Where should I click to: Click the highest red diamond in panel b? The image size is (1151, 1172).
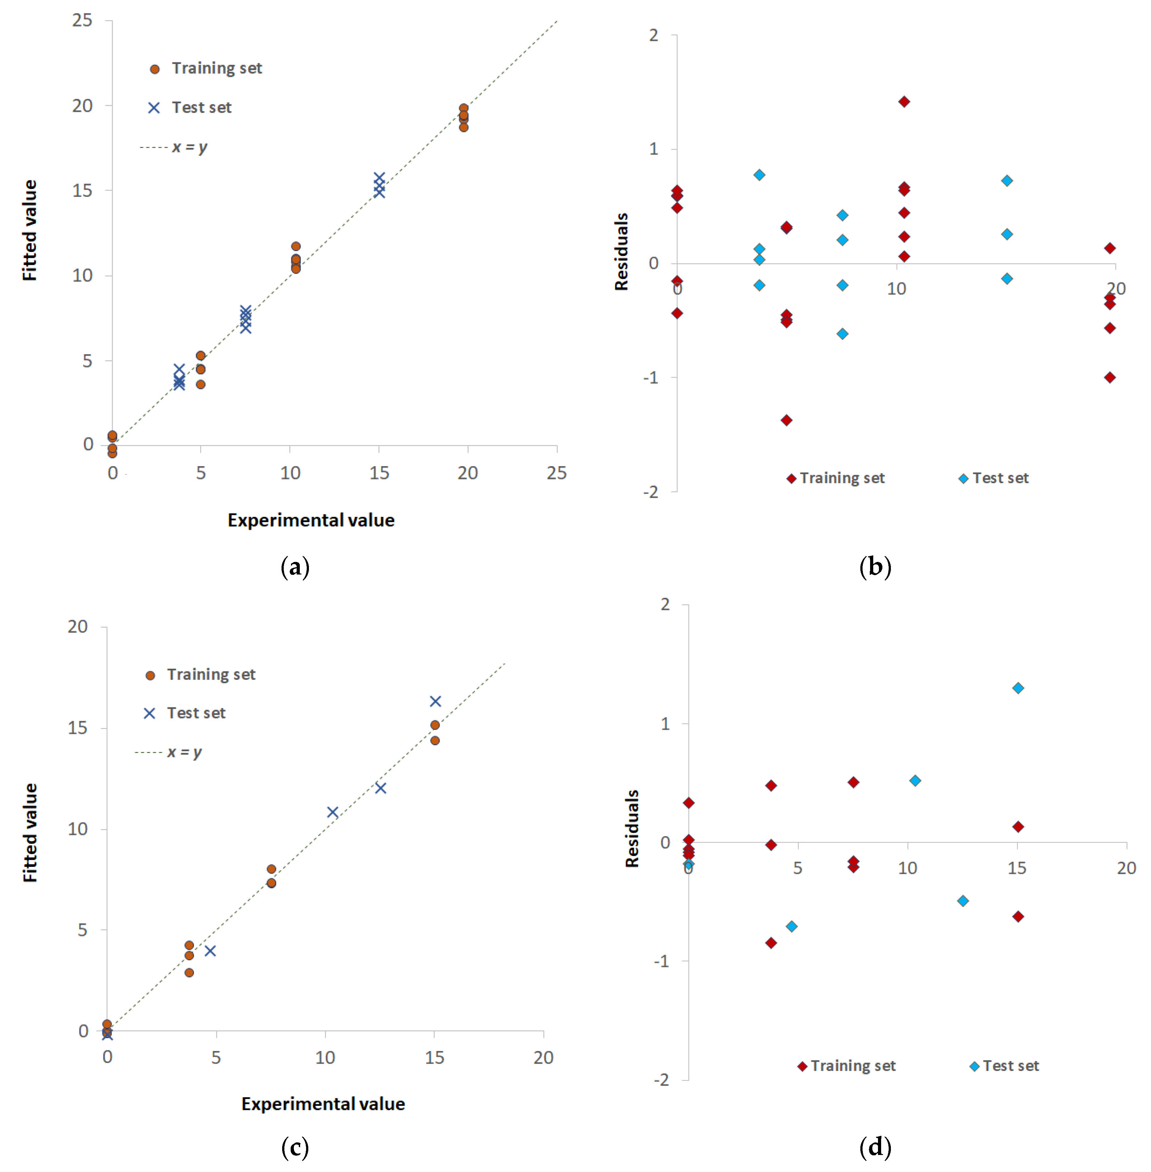(904, 102)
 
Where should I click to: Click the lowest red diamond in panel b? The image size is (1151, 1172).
(786, 420)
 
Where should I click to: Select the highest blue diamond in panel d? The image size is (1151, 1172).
(1018, 688)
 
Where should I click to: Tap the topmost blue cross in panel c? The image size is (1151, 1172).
(435, 701)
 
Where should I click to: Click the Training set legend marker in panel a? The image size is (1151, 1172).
(155, 69)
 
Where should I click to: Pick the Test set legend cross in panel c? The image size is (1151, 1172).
(149, 714)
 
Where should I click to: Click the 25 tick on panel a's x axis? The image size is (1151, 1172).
(556, 473)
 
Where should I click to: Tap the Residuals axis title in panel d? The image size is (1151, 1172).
(632, 828)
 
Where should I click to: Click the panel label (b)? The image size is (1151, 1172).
(875, 567)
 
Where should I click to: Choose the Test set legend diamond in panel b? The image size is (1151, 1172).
(964, 479)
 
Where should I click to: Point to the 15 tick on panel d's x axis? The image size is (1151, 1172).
(1017, 868)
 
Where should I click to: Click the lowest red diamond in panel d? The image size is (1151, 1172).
(771, 943)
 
